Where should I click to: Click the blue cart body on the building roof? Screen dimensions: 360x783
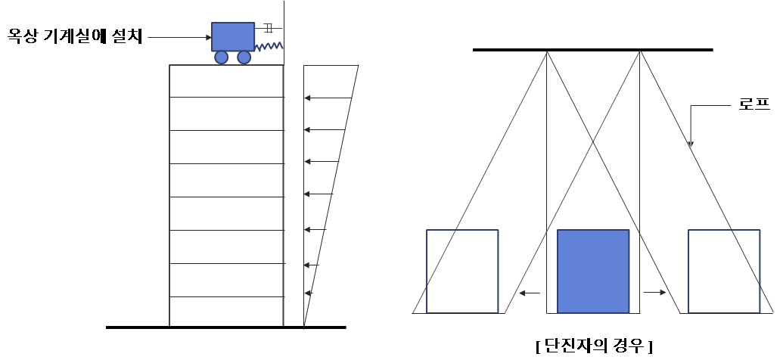click(233, 36)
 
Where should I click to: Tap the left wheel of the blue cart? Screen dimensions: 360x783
click(222, 57)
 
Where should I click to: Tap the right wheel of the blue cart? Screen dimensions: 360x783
click(244, 57)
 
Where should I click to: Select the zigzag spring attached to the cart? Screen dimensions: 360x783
click(269, 47)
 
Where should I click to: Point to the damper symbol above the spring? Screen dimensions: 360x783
click(269, 28)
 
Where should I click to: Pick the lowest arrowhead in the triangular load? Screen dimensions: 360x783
click(308, 292)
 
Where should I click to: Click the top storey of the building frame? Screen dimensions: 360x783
click(226, 81)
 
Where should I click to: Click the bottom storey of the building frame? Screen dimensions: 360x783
click(226, 311)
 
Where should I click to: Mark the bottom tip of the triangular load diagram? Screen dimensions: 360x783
click(304, 327)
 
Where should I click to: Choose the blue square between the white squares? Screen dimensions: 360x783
click(593, 271)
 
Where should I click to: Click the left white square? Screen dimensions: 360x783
click(462, 271)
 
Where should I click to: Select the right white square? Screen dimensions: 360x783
click(724, 271)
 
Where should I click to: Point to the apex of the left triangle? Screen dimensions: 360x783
click(547, 52)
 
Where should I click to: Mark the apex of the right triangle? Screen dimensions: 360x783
click(640, 51)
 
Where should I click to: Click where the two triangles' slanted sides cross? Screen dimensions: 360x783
click(593, 140)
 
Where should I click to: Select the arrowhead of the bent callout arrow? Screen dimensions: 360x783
click(690, 144)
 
